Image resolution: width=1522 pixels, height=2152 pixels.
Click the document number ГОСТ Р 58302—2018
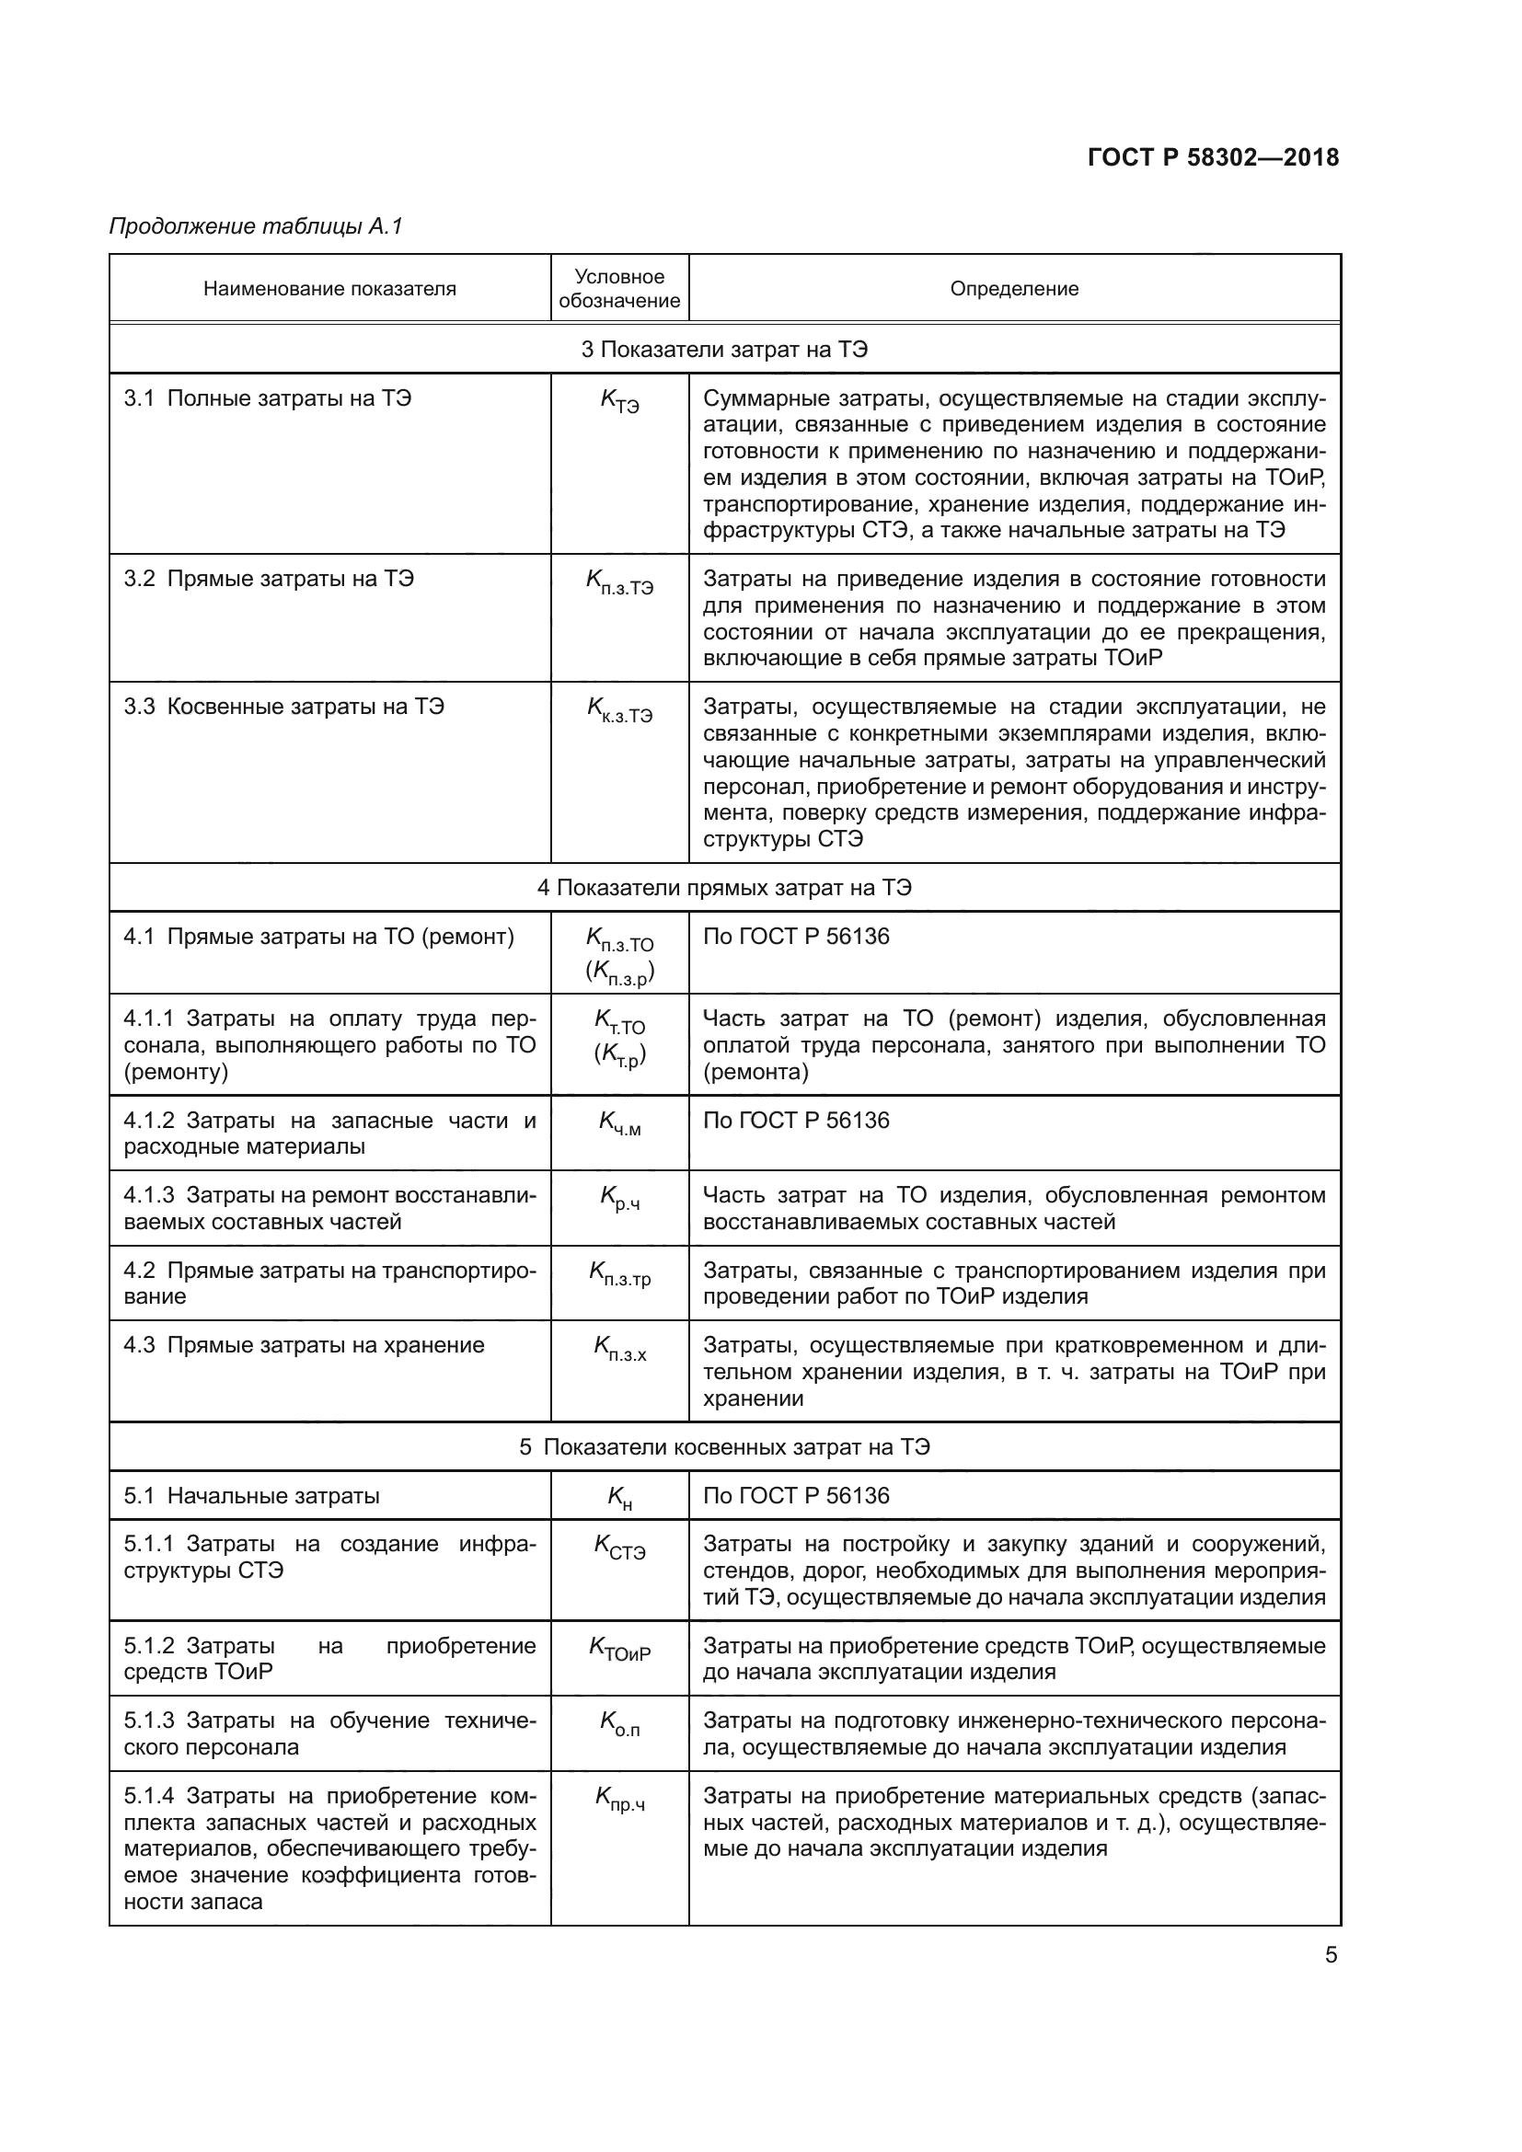pos(1213,157)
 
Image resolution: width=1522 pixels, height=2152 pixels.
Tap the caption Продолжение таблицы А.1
pos(255,226)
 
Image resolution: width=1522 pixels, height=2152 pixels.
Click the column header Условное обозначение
pos(618,289)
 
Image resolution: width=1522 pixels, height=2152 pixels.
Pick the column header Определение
pos(1013,289)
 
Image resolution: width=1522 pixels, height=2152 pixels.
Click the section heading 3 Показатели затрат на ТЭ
pos(723,350)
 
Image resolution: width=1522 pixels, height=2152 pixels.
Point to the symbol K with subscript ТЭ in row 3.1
pos(618,401)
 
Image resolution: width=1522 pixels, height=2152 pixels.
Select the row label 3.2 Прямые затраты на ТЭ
pos(268,579)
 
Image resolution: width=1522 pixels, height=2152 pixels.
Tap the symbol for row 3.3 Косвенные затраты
pos(618,709)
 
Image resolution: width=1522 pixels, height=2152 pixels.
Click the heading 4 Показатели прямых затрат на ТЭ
pos(723,888)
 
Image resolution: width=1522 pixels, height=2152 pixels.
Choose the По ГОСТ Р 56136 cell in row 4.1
pos(796,937)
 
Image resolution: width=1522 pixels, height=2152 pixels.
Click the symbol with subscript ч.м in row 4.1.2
pos(618,1123)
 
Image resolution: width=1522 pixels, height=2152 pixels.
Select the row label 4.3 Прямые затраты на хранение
pos(304,1345)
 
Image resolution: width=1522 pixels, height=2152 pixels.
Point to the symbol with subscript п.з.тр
pos(618,1273)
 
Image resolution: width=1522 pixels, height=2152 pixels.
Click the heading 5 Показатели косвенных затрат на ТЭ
pos(723,1446)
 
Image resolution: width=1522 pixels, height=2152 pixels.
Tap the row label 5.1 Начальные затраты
pos(251,1495)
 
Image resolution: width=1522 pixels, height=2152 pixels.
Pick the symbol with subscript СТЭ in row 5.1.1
pos(618,1548)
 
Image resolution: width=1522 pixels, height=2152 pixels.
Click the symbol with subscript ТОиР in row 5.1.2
pos(618,1650)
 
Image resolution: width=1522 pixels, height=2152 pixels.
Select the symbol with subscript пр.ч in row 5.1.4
pos(618,1800)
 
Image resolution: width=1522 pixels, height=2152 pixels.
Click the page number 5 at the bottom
pos(1330,1955)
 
